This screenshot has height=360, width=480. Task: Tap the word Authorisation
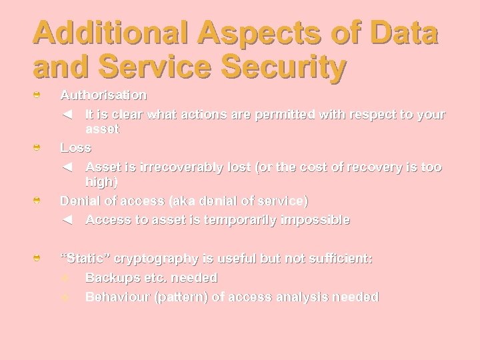click(103, 95)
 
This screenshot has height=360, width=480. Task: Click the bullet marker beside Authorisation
click(38, 96)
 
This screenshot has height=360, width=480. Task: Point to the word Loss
click(75, 147)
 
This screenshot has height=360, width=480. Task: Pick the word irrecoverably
click(173, 167)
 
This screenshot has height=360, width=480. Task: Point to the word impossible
click(313, 220)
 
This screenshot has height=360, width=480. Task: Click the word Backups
click(111, 277)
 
